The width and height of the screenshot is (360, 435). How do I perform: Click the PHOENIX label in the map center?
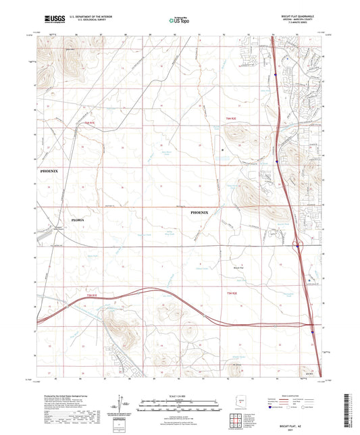[x=205, y=212]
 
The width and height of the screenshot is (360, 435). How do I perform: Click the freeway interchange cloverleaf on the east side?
[x=298, y=245]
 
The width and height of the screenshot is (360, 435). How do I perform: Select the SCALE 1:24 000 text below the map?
[x=179, y=396]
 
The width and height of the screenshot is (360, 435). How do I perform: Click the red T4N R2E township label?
[x=232, y=291]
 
